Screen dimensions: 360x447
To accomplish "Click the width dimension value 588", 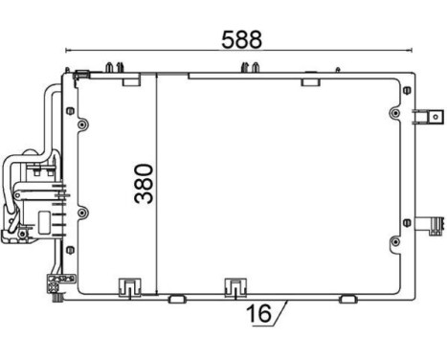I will point(241,39).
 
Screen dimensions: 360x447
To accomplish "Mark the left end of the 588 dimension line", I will point(64,52).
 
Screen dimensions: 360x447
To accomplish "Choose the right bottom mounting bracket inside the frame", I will point(234,285).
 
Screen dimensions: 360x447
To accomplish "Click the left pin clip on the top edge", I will point(115,66).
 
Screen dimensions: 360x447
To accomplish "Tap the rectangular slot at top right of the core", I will point(310,83).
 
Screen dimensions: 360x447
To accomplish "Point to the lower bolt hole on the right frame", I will point(394,259).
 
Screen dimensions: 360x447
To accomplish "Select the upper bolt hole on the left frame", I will point(83,125).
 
